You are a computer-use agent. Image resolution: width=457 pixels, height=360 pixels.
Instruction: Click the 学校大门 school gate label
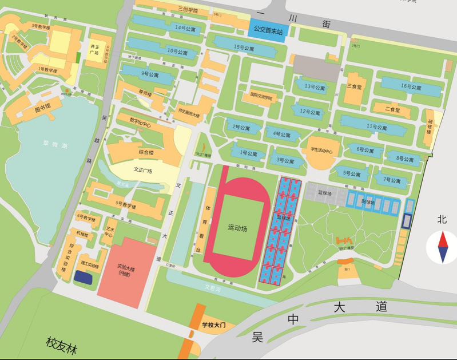point(214,325)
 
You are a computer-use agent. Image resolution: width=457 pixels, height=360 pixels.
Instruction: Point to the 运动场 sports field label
point(236,228)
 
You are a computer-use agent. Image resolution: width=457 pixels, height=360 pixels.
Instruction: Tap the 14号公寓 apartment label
point(185,27)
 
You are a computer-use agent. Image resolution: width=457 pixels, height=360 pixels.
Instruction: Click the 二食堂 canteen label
point(392,109)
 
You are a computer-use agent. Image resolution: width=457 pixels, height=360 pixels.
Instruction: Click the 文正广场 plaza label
point(146,170)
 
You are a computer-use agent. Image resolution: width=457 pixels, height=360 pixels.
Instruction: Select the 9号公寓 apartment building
point(150,74)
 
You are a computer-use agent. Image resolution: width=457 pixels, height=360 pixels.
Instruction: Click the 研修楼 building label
point(430,126)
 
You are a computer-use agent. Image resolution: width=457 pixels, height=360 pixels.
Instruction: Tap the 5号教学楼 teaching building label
point(125,205)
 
